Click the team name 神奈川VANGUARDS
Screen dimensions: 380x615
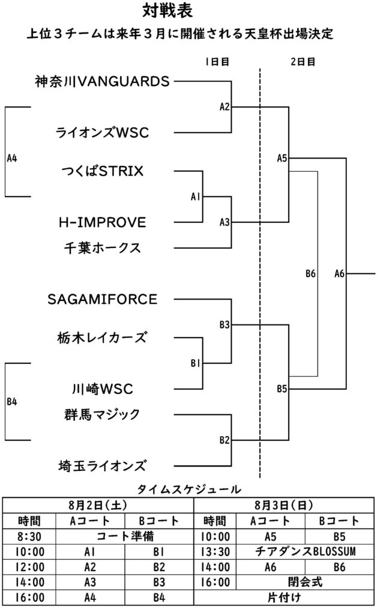[x=102, y=81]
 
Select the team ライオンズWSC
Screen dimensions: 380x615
[x=102, y=132]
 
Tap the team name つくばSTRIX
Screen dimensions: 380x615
[x=102, y=171]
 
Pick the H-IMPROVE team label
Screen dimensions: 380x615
[x=102, y=222]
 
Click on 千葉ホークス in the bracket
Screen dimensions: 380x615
[x=102, y=248]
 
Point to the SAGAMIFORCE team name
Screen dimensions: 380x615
[x=102, y=299]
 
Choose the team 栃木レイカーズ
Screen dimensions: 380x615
[x=102, y=338]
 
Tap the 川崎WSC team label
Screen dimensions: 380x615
[x=102, y=389]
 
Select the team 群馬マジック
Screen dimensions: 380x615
[x=102, y=414]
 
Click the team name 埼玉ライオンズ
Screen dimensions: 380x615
[x=102, y=465]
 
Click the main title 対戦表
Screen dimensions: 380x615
[x=167, y=11]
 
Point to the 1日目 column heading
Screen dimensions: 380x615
[x=217, y=62]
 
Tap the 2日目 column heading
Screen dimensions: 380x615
[x=303, y=62]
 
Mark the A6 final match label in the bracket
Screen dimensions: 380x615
[x=339, y=273]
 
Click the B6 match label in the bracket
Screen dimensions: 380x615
[x=310, y=273]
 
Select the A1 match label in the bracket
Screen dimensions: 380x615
[x=195, y=196]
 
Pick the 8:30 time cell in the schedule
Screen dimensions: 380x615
[x=29, y=536]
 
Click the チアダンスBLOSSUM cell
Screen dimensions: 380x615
[x=305, y=551]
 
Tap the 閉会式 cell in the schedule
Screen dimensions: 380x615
[x=305, y=582]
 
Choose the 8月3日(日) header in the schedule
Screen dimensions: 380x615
[x=283, y=505]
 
